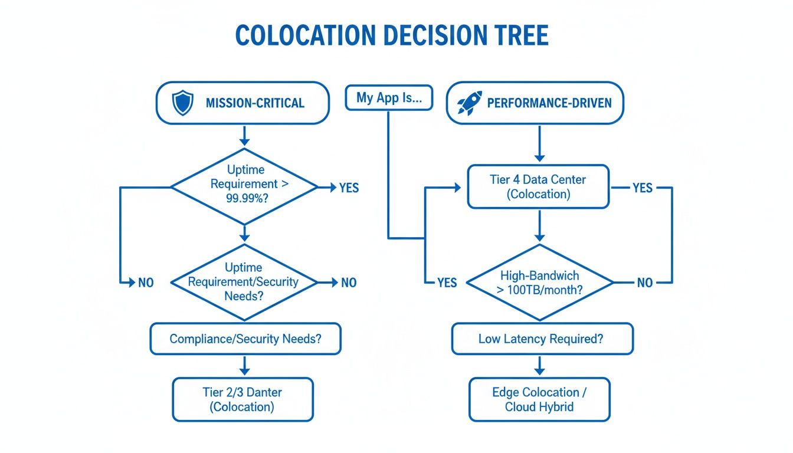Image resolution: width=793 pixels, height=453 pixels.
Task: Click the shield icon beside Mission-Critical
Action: pyautogui.click(x=182, y=103)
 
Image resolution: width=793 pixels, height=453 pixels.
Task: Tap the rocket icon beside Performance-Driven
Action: pyautogui.click(x=470, y=103)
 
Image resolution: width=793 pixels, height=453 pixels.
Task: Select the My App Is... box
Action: pyautogui.click(x=389, y=98)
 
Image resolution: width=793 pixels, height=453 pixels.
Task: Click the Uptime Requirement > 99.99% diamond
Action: pyautogui.click(x=244, y=184)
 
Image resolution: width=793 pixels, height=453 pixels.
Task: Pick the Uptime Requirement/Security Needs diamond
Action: pyautogui.click(x=244, y=282)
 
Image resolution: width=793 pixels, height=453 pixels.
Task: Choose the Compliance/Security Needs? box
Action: pyautogui.click(x=245, y=339)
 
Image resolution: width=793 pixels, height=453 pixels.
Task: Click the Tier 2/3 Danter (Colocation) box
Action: pyautogui.click(x=243, y=399)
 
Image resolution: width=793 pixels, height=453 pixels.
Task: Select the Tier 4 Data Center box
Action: pyautogui.click(x=538, y=186)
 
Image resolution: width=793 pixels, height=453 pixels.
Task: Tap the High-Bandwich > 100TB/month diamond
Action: pyautogui.click(x=539, y=283)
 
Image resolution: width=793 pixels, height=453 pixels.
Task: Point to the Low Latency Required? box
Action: pyautogui.click(x=542, y=339)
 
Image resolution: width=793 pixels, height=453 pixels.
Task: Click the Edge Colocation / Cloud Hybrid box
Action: pyautogui.click(x=539, y=399)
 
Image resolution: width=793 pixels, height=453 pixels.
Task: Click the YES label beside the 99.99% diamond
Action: pyautogui.click(x=349, y=188)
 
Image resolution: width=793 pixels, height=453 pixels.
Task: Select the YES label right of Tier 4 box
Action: pyautogui.click(x=642, y=188)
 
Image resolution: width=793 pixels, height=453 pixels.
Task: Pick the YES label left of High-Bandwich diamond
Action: pyautogui.click(x=447, y=283)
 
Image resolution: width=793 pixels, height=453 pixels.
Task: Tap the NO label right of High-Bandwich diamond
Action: pyautogui.click(x=645, y=283)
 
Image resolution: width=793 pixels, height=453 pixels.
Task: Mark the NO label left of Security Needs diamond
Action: pyautogui.click(x=145, y=283)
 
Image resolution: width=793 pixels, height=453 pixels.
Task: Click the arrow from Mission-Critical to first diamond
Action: pyautogui.click(x=244, y=136)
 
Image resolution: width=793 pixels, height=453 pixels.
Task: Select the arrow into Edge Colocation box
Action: pyautogui.click(x=539, y=366)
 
